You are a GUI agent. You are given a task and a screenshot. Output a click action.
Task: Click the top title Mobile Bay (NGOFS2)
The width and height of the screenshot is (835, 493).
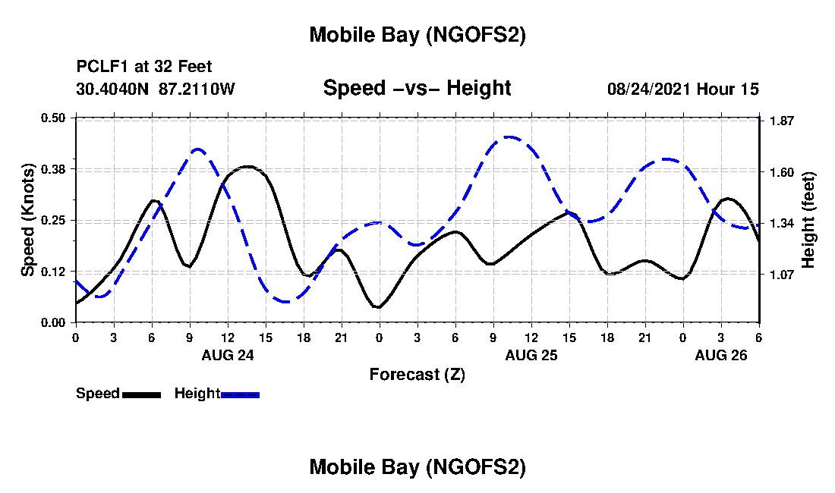tap(417, 35)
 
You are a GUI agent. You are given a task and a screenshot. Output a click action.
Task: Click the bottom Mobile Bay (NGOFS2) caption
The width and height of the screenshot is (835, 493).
tap(417, 468)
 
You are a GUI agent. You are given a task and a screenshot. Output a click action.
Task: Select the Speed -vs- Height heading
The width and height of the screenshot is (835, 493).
tap(417, 88)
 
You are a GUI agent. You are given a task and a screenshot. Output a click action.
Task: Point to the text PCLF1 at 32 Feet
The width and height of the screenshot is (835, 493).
tap(144, 67)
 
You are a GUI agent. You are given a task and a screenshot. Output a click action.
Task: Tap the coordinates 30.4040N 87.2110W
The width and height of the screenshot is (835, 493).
tap(156, 89)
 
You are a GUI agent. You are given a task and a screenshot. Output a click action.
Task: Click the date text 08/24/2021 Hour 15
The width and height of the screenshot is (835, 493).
tap(683, 89)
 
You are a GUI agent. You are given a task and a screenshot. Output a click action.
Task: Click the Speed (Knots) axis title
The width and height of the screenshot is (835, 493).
tap(28, 219)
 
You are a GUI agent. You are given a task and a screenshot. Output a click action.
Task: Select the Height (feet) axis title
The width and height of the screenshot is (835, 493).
tap(808, 220)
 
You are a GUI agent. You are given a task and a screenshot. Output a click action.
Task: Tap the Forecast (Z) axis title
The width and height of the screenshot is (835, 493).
tap(417, 374)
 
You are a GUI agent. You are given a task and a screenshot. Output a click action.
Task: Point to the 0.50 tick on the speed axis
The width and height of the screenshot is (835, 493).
tap(53, 118)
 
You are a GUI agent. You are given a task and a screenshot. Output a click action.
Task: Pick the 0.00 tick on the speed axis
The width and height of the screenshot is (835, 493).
tap(53, 322)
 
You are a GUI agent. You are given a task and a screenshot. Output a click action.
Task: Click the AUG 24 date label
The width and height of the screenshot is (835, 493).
tap(228, 355)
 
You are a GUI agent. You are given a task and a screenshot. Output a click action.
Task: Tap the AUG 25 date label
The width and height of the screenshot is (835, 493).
tap(531, 355)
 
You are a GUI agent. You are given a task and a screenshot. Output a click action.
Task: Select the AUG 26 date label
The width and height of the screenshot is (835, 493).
tap(721, 355)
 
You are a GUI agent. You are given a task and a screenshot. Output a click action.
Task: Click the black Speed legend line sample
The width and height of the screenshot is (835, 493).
tap(141, 394)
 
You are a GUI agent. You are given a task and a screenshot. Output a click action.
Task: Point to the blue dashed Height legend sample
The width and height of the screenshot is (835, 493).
tap(240, 394)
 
